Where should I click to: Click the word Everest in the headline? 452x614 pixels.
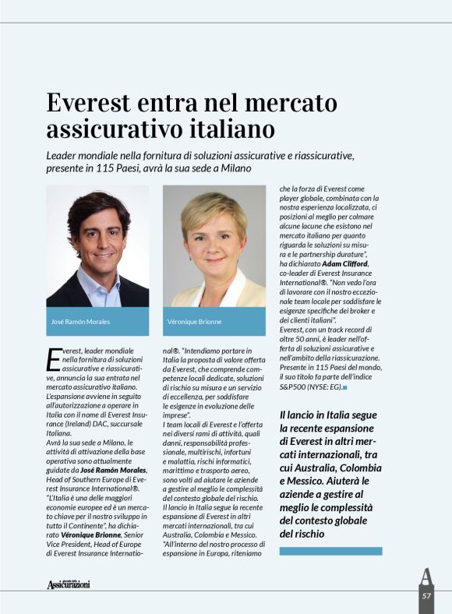91,104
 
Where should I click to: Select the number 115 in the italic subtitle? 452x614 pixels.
115,168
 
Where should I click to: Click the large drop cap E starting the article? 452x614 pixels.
53,360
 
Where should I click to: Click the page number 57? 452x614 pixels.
426,595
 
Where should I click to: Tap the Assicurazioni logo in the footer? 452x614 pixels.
68,584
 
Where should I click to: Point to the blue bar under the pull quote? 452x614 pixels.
330,551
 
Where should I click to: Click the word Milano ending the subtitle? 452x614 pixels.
235,168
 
